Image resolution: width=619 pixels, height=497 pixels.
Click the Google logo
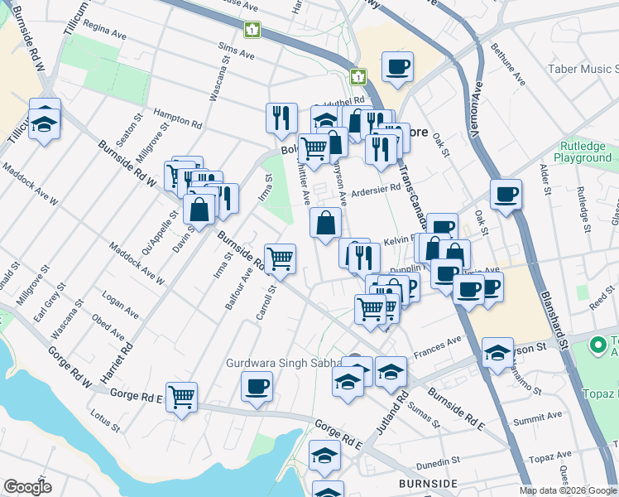[x=27, y=487]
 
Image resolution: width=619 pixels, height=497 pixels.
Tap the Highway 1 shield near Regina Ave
[x=252, y=30]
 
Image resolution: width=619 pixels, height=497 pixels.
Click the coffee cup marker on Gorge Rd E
[x=257, y=385]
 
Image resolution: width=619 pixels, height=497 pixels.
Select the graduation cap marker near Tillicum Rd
[x=45, y=125]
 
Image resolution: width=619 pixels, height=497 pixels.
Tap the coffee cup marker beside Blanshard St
[x=506, y=194]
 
